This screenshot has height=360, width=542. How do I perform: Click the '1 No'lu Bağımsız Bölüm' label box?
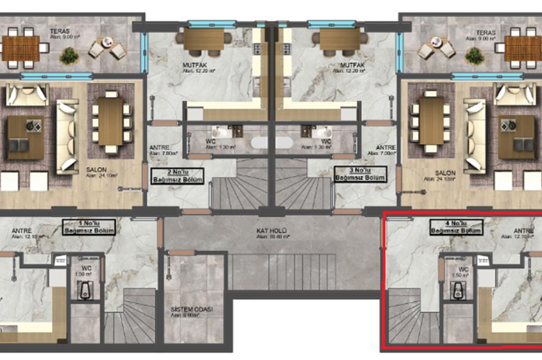pyautogui.click(x=90, y=226)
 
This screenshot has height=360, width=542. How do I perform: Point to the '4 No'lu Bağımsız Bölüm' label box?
pyautogui.click(x=456, y=227)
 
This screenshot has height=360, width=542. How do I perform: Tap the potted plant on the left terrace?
pyautogui.click(x=69, y=55)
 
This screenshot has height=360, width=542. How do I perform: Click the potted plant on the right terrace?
pyautogui.click(x=474, y=55)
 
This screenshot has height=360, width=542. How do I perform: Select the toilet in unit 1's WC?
pyautogui.click(x=85, y=292)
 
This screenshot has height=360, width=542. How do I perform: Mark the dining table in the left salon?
pyautogui.click(x=111, y=121)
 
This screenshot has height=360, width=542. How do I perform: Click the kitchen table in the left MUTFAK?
pyautogui.click(x=204, y=38)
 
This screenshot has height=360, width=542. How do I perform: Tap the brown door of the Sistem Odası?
pyautogui.click(x=181, y=253)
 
